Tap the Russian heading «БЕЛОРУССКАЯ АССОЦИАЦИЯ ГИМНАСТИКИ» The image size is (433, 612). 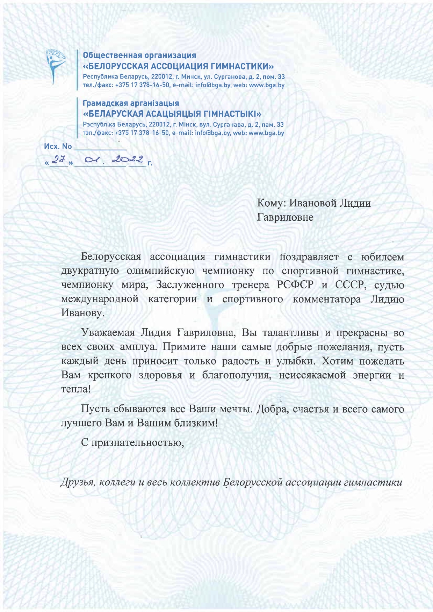click(x=178, y=66)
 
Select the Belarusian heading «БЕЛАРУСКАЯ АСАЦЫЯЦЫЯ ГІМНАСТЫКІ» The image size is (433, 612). click(x=172, y=114)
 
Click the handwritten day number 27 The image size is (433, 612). click(x=57, y=160)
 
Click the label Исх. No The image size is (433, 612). click(x=58, y=146)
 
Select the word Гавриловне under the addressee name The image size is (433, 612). click(x=285, y=217)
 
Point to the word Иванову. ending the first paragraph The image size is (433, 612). click(x=83, y=313)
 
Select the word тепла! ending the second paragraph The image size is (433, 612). click(x=76, y=389)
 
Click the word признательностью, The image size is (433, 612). click(x=138, y=443)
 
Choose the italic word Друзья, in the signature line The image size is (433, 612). click(x=78, y=482)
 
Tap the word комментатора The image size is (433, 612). click(x=327, y=299)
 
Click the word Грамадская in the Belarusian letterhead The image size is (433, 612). click(x=105, y=103)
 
